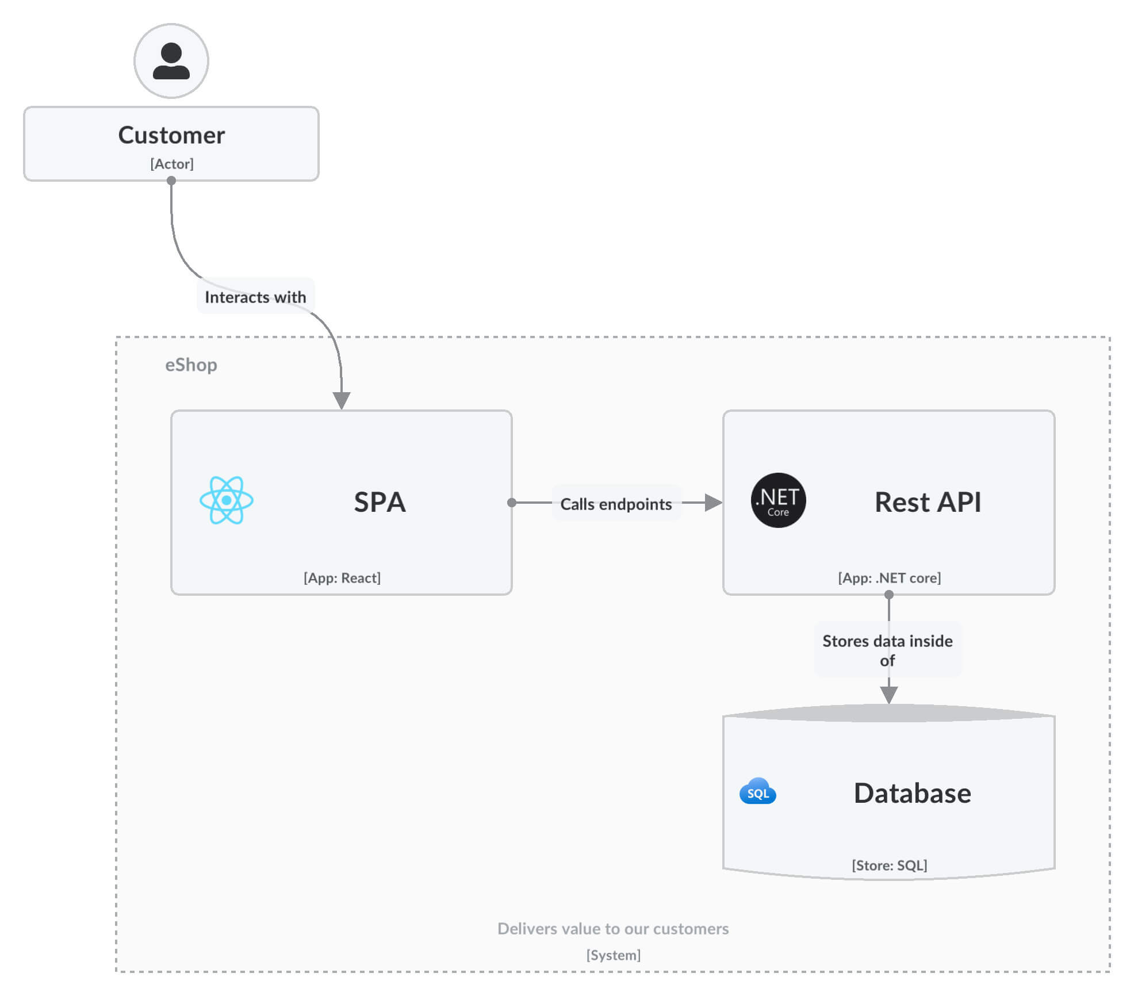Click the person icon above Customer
[x=171, y=61]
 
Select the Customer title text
[x=171, y=135]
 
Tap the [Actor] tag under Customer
[x=172, y=164]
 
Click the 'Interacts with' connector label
[x=255, y=297]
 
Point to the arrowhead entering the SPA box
[x=342, y=400]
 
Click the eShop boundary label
[x=191, y=365]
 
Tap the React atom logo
[x=227, y=500]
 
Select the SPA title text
[x=380, y=502]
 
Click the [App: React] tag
[x=342, y=578]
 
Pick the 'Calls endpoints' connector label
[x=616, y=504]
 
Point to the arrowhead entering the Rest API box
[x=713, y=503]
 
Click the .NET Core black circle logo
[x=778, y=500]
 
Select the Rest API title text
[x=928, y=502]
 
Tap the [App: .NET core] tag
[x=889, y=578]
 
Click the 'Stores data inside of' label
[x=887, y=650]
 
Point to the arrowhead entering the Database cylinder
[x=889, y=695]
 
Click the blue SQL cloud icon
[x=757, y=792]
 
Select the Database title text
[x=912, y=793]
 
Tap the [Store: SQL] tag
[x=889, y=865]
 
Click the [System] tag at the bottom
[x=613, y=955]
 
